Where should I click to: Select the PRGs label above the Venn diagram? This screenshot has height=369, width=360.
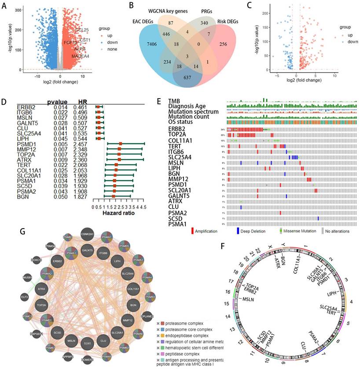click(x=210, y=8)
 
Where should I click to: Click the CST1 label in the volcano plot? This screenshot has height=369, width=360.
click(x=85, y=40)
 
